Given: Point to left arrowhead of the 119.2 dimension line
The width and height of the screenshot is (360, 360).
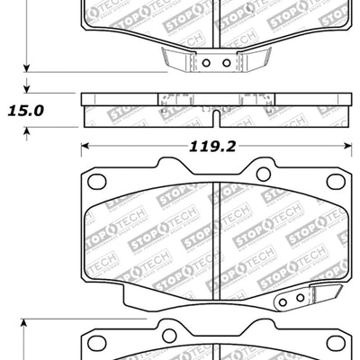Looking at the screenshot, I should pos(85,144).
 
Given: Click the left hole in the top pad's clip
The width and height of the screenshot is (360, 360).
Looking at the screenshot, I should pos(205,63).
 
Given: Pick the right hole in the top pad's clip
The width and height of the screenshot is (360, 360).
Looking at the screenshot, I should pos(226,63).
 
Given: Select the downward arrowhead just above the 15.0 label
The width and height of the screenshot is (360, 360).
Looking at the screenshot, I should pos(28,87).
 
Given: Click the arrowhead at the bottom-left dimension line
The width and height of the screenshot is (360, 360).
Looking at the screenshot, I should pos(28,320).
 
